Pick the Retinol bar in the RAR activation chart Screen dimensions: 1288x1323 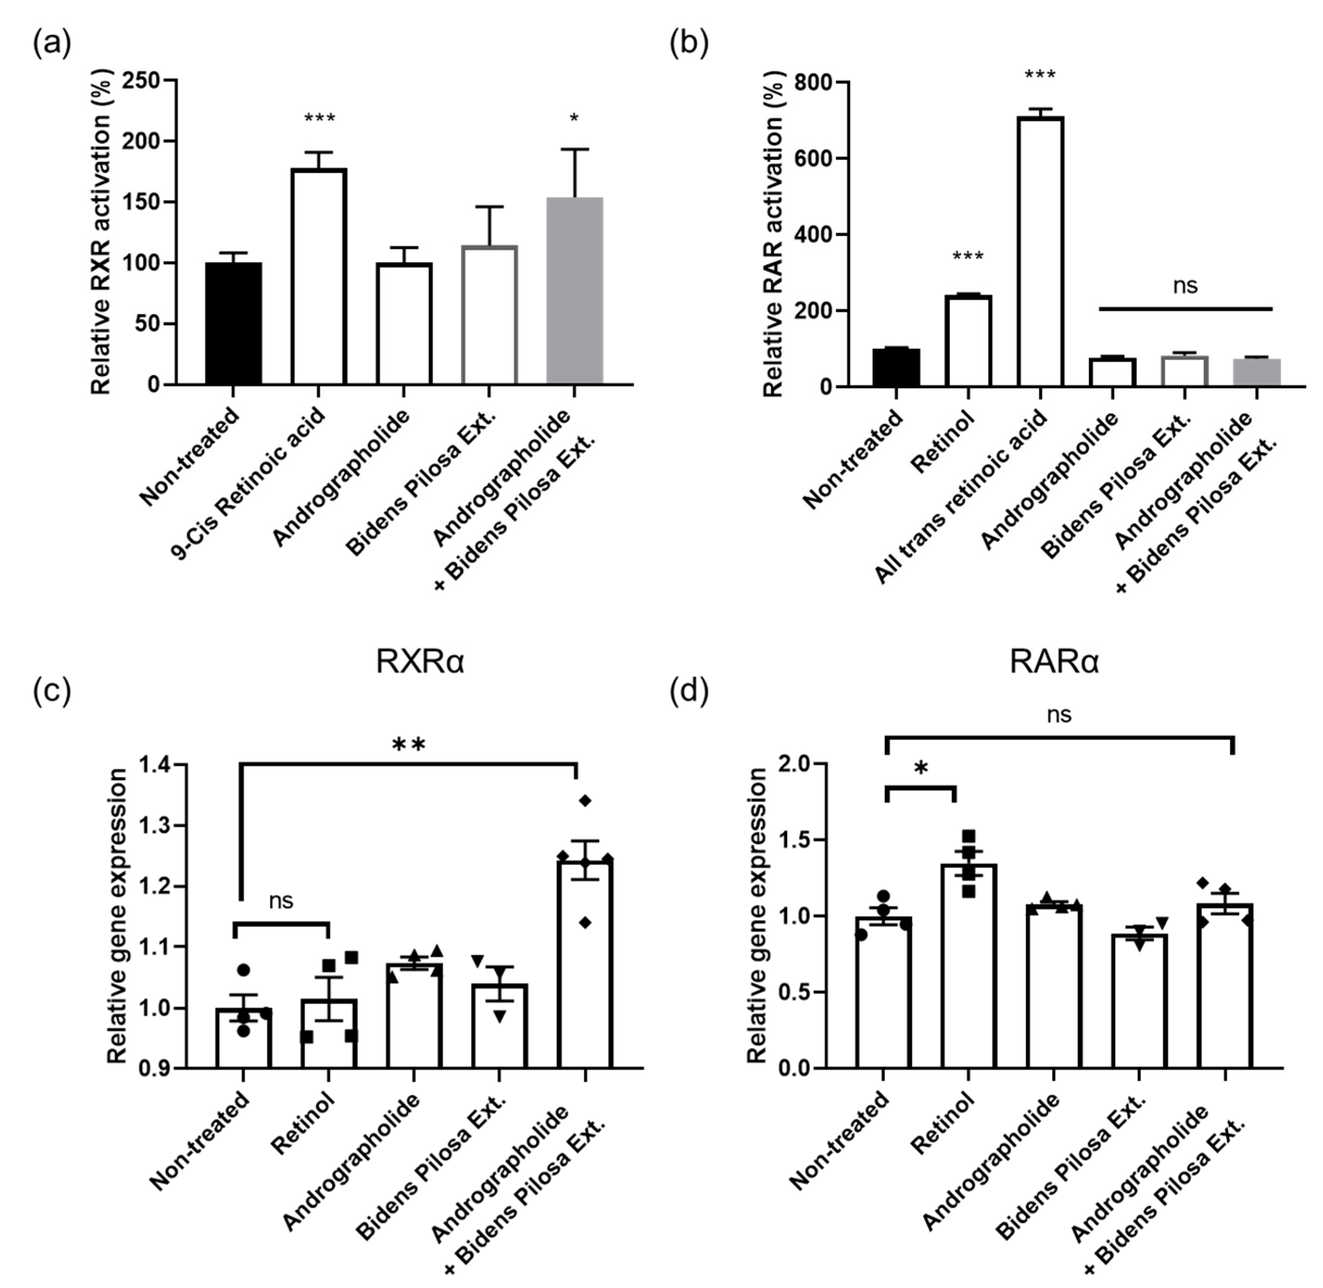tap(968, 342)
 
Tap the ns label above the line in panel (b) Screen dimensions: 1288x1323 tap(1185, 286)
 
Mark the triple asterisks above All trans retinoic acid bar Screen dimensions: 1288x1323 tap(1040, 74)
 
